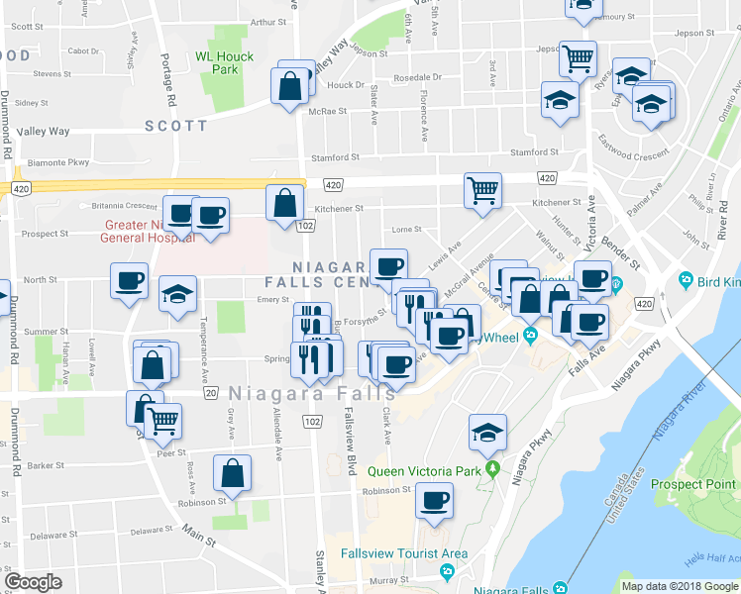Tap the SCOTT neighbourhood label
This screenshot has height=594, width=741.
point(176,126)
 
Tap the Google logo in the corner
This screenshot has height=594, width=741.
point(32,582)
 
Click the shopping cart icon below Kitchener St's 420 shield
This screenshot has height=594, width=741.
point(482,189)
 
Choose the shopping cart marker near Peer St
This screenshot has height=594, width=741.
point(162,421)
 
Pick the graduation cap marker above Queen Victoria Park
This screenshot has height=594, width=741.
point(487,432)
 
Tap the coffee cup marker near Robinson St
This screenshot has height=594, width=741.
point(434,500)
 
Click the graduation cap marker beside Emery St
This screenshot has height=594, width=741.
point(178,293)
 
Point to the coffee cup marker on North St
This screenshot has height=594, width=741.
point(129,281)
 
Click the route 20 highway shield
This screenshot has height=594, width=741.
point(211,393)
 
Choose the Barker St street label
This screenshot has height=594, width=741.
point(47,465)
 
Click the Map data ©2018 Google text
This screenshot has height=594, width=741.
point(678,585)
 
